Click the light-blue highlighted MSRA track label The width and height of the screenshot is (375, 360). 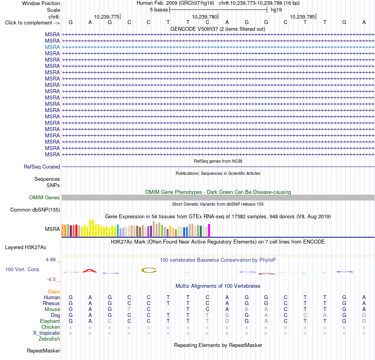pos(52,47)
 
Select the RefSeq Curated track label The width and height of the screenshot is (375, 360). pos(42,167)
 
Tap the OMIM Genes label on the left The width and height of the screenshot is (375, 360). pos(45,198)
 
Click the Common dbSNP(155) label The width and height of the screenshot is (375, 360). pos(35,210)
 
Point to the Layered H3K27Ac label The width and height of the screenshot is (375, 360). pos(26,247)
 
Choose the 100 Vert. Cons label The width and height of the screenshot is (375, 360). pos(22,269)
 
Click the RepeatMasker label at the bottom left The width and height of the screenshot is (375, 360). pos(43,351)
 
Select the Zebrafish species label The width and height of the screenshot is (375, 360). pos(49,339)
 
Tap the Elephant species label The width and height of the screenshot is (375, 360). pos(50,321)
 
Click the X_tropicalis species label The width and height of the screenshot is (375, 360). pos(47,333)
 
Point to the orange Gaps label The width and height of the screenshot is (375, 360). pos(54,291)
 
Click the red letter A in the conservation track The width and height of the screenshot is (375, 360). pos(90,271)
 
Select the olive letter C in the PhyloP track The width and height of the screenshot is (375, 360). pos(149,270)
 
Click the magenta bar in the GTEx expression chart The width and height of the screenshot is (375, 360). pos(209,230)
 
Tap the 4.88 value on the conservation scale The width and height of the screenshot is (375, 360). pos(51,259)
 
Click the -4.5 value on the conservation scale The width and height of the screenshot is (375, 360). pos(51,279)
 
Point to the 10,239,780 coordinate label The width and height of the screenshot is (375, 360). pos(204,17)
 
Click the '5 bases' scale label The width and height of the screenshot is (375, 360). pos(159,10)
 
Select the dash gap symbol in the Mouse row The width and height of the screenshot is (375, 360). pos(168,309)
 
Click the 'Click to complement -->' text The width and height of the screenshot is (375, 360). pos(32,23)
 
